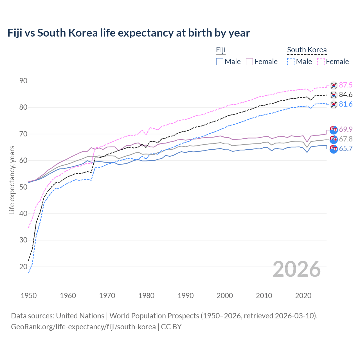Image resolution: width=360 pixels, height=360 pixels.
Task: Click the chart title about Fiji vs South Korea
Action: tap(129, 33)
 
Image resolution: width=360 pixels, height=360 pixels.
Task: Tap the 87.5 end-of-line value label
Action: tap(346, 85)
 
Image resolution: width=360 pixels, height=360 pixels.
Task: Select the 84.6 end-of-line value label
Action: tap(346, 95)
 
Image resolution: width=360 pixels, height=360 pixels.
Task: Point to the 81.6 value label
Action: tap(346, 104)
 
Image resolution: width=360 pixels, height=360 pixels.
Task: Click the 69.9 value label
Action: tap(346, 129)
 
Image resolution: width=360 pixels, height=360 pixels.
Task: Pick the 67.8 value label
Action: tap(346, 139)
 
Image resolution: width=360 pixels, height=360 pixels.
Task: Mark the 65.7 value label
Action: tap(346, 148)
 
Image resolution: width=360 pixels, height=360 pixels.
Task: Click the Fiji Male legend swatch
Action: tap(220, 62)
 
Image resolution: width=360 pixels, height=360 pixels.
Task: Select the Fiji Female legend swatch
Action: tap(249, 62)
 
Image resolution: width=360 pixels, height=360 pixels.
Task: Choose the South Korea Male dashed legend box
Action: tap(291, 62)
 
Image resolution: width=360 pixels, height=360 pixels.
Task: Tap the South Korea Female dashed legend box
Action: tap(321, 62)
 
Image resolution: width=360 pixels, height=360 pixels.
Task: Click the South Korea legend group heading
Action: tap(307, 50)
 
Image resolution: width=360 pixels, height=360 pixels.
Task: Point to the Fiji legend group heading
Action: tap(221, 50)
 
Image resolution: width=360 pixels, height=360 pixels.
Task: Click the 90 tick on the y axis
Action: tap(23, 81)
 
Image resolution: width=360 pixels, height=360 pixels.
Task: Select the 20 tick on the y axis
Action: tap(23, 267)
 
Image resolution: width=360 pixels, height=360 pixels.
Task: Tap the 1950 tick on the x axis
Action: tap(29, 296)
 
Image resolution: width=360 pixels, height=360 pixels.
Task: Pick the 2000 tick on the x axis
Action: tap(225, 296)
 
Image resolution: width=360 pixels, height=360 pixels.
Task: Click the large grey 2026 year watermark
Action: tap(297, 269)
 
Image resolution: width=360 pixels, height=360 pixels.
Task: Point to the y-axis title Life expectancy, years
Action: tap(12, 180)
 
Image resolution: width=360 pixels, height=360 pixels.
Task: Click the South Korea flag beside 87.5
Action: tap(334, 85)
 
